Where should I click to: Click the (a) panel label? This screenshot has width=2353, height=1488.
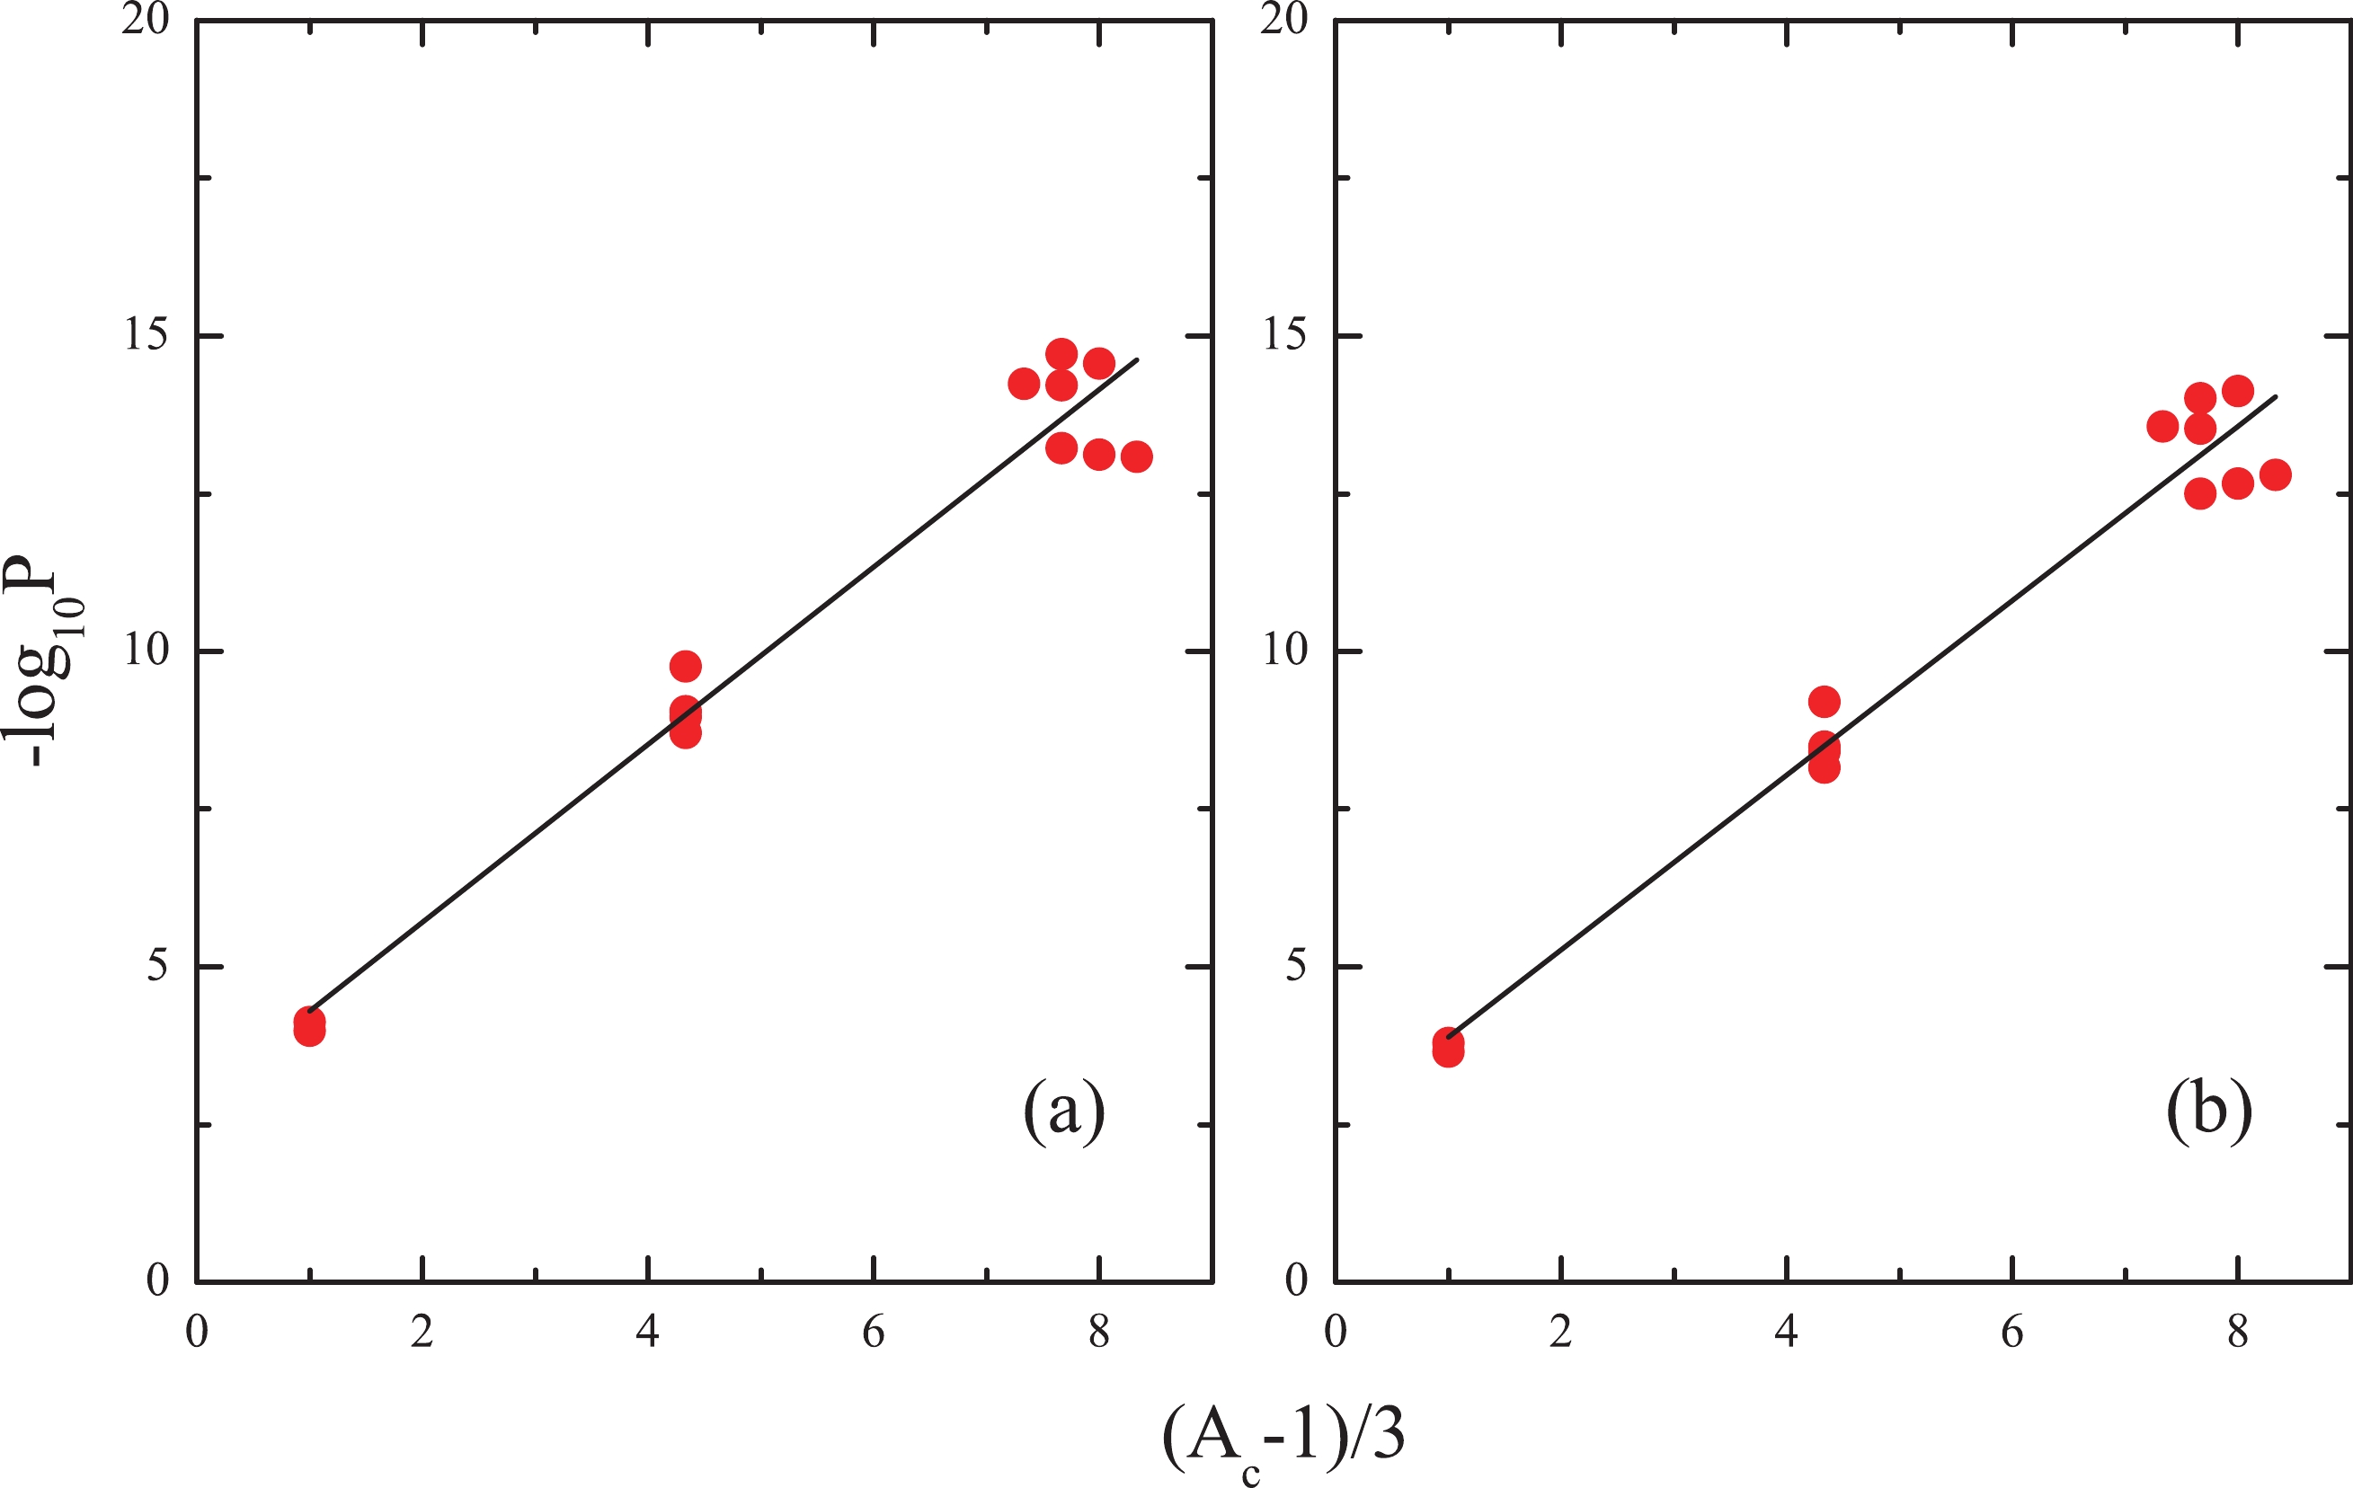(1064, 1111)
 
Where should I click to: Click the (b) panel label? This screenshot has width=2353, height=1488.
(2209, 1111)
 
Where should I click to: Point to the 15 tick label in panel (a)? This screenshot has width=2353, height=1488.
(146, 335)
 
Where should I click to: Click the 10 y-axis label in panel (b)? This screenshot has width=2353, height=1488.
(1284, 651)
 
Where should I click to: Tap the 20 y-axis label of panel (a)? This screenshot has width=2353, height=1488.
(146, 20)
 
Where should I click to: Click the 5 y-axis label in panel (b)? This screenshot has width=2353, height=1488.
(1296, 966)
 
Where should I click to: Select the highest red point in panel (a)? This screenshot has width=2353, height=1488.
(1061, 354)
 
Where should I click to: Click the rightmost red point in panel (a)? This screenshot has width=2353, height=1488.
(1136, 456)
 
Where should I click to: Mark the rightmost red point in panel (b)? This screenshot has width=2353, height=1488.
(2276, 474)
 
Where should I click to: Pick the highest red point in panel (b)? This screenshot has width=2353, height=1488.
(2238, 391)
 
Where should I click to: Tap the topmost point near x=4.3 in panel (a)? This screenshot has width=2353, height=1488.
(685, 667)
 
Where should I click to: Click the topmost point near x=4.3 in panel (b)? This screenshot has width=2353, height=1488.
(1825, 702)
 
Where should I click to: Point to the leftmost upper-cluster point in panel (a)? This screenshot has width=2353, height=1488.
(1023, 384)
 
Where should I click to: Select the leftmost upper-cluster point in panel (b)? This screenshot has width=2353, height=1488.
(2162, 426)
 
